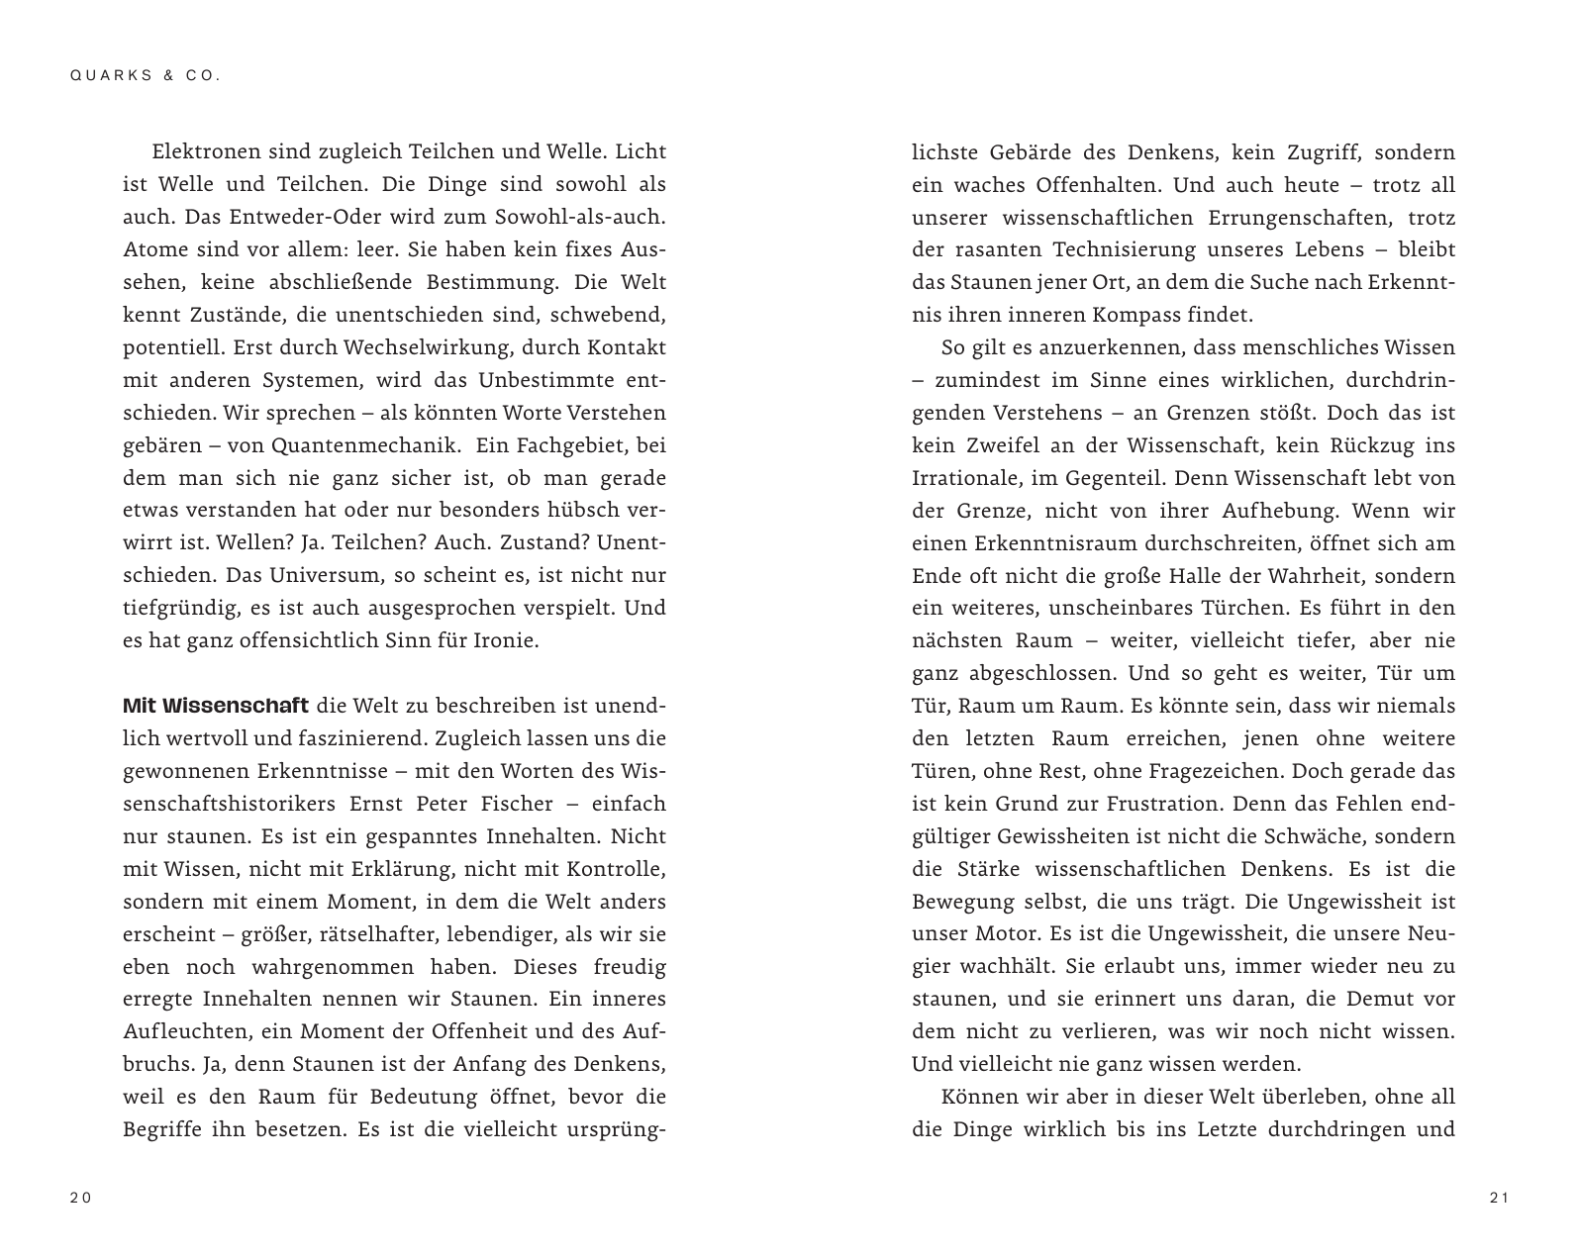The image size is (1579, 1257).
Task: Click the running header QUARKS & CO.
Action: coord(145,75)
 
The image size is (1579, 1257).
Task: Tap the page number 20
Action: coord(80,1199)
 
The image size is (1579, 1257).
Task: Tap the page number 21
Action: coord(1498,1199)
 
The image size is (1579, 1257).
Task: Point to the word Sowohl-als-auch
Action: coord(592,218)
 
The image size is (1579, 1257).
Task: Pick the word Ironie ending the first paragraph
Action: coord(507,641)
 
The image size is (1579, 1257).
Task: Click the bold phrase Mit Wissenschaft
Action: coord(216,707)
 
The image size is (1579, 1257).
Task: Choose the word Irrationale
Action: coord(963,479)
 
